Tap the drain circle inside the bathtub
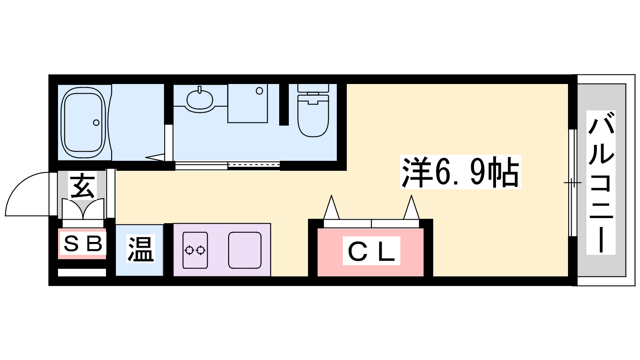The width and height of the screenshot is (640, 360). [x=96, y=122]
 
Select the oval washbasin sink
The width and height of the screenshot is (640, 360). [x=200, y=99]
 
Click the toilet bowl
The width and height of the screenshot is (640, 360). [x=313, y=116]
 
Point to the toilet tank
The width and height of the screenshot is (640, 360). [x=313, y=88]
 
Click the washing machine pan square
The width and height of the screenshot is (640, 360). [x=248, y=103]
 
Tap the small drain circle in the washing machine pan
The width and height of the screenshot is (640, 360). [x=260, y=91]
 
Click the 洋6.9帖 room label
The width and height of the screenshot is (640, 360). [x=460, y=172]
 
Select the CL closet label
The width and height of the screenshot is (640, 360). [x=372, y=250]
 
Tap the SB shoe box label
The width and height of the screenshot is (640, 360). [x=82, y=244]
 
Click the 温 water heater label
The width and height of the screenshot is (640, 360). [x=141, y=248]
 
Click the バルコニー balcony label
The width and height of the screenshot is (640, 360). [x=601, y=182]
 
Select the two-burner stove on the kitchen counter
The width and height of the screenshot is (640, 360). [x=195, y=250]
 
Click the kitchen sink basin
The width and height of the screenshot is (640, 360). [x=245, y=250]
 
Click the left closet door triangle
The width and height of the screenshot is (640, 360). [x=332, y=207]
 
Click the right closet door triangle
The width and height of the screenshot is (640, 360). [x=412, y=207]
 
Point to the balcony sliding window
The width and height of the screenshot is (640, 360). [x=572, y=183]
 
